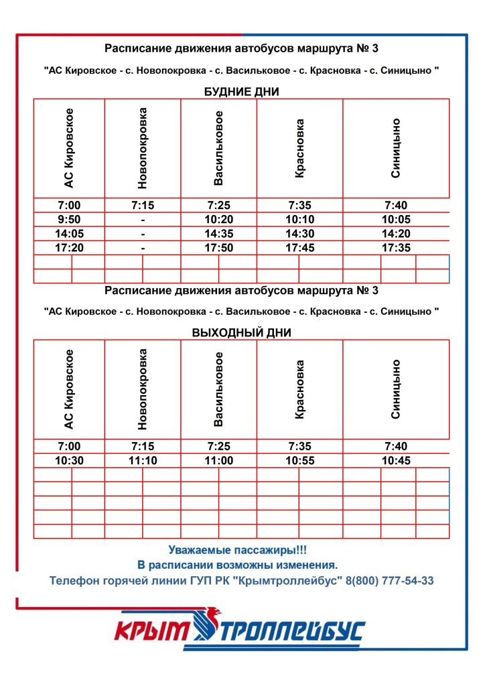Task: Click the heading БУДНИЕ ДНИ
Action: coord(241,92)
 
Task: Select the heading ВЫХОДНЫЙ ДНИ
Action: coord(241,332)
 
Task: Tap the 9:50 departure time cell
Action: coord(68,220)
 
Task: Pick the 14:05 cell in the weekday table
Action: coord(68,234)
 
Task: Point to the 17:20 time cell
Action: coord(68,248)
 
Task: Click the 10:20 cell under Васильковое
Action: coord(218,220)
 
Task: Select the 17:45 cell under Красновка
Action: coord(299,248)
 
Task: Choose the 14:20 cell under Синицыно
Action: coord(396,234)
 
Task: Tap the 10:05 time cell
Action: coord(396,220)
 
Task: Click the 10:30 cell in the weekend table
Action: coord(68,461)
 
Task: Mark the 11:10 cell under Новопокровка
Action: coord(142,461)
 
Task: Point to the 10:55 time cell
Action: coord(299,461)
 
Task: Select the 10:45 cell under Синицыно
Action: coord(396,461)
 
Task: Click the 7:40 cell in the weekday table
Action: coord(396,206)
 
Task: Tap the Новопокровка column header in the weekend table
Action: coord(142,389)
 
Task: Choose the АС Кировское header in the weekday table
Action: coord(68,147)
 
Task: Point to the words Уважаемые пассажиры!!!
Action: coord(238,550)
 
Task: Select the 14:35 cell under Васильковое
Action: coord(218,234)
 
